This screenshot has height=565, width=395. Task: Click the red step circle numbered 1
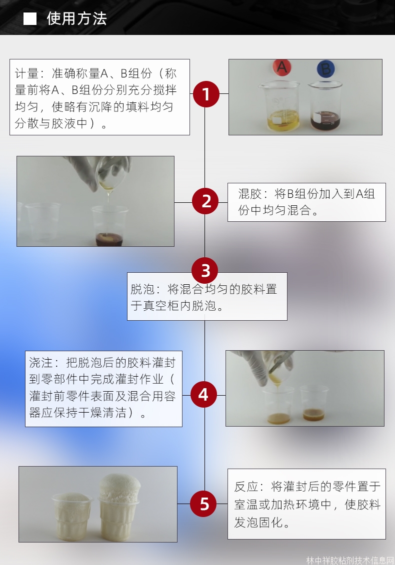[206, 94]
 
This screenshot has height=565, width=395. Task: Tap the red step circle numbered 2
[205, 201]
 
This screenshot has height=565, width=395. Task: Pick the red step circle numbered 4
[203, 395]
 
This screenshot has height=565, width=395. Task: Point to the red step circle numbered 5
[204, 504]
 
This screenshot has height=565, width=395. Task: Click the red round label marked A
[282, 67]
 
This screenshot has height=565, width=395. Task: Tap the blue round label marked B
[325, 69]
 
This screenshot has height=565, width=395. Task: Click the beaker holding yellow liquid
[279, 107]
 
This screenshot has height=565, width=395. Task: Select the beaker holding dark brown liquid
[324, 106]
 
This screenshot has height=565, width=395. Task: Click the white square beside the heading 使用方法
[30, 18]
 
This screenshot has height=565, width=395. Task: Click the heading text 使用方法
[77, 18]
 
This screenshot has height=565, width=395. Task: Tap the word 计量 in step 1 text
[26, 73]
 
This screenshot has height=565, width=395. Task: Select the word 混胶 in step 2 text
[250, 194]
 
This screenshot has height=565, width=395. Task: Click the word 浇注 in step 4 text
[41, 363]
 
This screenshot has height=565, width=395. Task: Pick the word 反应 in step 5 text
[246, 487]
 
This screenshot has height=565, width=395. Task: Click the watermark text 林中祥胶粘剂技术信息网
[349, 560]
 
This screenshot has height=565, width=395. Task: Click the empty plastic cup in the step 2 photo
[42, 222]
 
